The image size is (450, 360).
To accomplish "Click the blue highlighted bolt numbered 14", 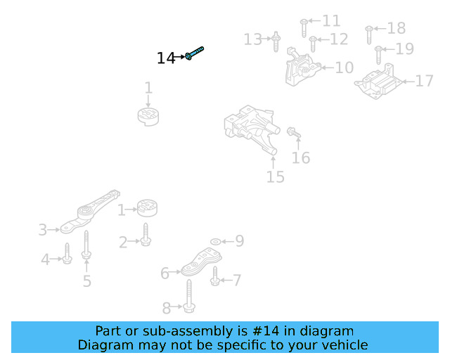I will [x=195, y=53].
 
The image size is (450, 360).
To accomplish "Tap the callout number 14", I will [x=166, y=58].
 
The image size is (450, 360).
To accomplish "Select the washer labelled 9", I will [x=215, y=242].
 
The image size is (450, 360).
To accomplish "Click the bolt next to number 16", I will [x=293, y=132].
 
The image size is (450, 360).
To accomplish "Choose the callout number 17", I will [x=425, y=82].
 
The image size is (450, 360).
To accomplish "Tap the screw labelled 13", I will [x=276, y=40].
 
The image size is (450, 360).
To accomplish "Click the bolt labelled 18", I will [x=369, y=32].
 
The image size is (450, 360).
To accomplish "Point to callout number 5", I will [x=86, y=281].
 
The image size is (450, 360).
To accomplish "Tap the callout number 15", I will [x=276, y=177].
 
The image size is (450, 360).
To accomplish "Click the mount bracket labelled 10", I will [x=301, y=67].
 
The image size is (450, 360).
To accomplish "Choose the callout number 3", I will [x=43, y=229].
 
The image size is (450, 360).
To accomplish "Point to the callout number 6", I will [x=165, y=273].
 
